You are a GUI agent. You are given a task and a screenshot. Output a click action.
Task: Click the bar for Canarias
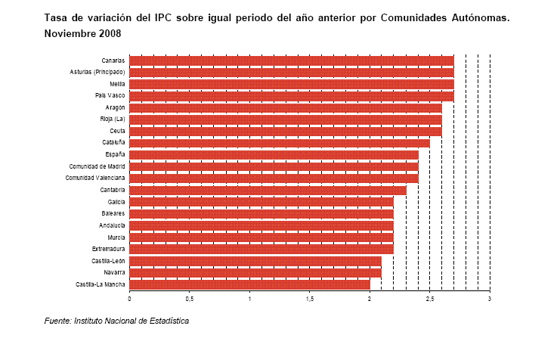point(291,60)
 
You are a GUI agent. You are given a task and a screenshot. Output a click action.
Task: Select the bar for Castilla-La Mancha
point(249,284)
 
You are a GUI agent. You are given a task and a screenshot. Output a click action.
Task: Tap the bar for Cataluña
point(280,142)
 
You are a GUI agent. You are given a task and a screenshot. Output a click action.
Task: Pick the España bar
point(274,154)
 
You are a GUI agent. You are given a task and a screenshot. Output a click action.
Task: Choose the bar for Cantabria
point(268,190)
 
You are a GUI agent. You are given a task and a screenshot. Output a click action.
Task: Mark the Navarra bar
point(255,272)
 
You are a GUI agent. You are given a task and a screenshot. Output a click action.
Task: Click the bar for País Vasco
point(291,95)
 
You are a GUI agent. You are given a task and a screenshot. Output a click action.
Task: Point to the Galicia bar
point(261,202)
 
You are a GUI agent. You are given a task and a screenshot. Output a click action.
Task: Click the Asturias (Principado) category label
point(97,72)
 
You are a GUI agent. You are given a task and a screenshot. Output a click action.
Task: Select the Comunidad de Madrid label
point(97,166)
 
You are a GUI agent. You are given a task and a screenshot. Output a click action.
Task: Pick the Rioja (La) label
point(113,119)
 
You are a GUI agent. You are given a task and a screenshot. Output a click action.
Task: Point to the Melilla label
point(116,83)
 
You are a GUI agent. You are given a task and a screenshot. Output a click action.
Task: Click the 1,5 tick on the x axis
point(310,299)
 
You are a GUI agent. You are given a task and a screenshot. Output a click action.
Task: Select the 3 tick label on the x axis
point(490,299)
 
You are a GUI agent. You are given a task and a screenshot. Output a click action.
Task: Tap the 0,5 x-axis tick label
point(190,299)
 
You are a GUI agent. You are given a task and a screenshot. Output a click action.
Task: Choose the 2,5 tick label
point(429,299)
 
